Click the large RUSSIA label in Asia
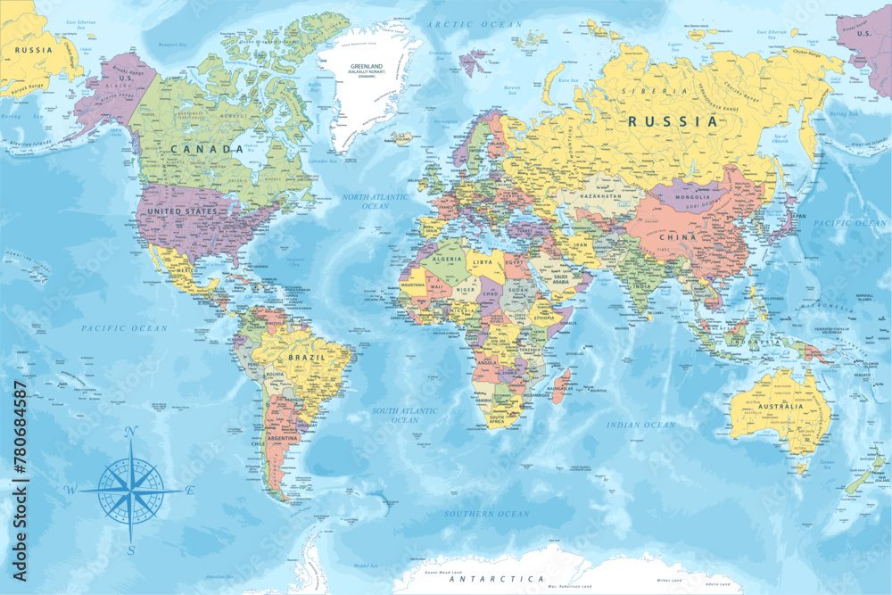pos(673,120)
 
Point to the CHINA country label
pos(677,237)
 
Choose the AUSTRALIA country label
pos(778,406)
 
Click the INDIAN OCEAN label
pos(640,426)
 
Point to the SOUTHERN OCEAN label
pos(487,514)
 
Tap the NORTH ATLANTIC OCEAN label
pos(376,201)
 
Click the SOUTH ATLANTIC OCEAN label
pos(405,415)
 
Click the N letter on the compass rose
pos(130,433)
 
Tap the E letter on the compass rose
pos(190,490)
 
